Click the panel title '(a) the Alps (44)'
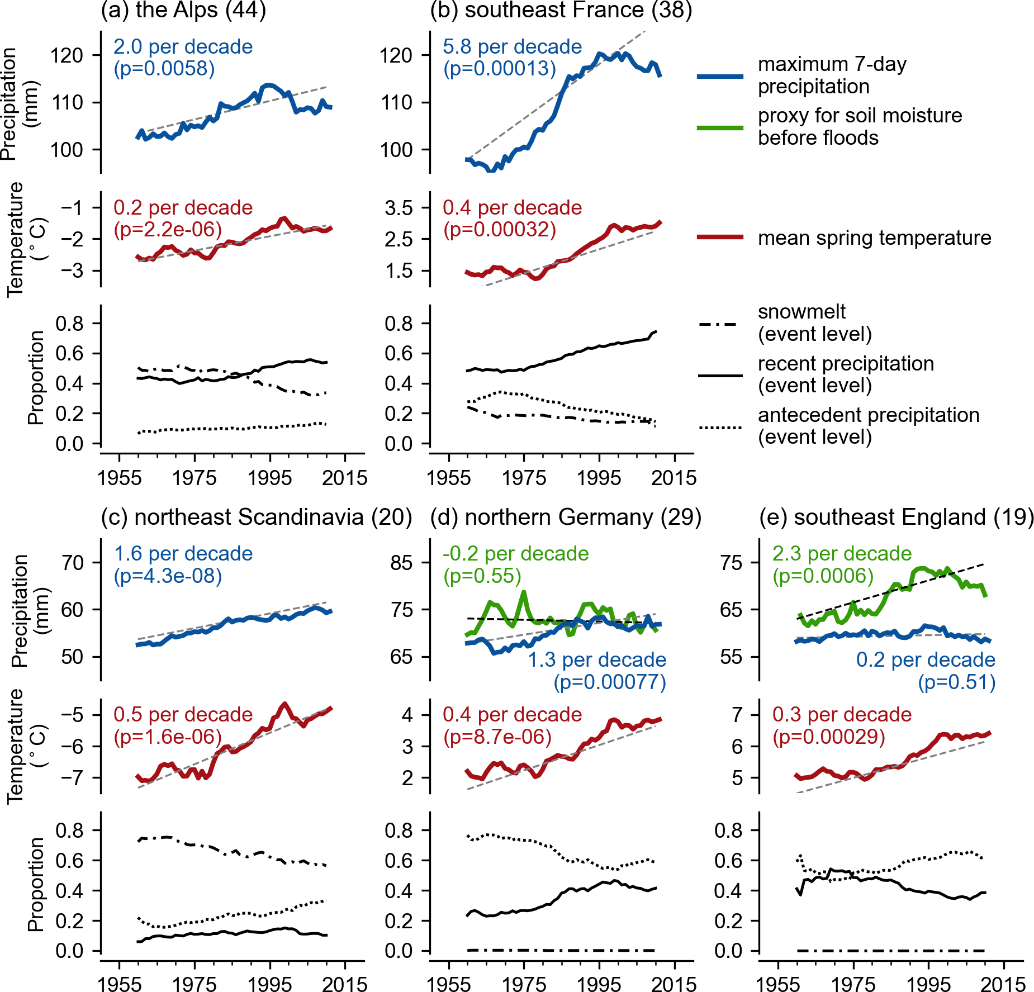pos(183,10)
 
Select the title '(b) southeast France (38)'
pos(561,10)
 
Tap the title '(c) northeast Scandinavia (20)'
pos(257,517)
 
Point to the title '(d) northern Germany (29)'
pos(566,517)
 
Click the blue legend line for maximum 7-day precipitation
pos(720,76)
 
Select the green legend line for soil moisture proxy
pos(720,128)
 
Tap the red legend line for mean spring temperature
pos(720,238)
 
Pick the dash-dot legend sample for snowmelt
pos(720,324)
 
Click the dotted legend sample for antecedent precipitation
pos(720,428)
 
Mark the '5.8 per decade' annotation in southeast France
pos(512,47)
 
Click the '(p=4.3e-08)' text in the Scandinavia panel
pos(168,576)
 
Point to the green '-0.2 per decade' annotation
pos(515,554)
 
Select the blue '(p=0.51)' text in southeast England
pos(956,682)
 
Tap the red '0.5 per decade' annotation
pos(183,715)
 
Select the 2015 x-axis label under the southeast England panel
pos(1004,984)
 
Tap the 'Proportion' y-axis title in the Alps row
pos(36,378)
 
